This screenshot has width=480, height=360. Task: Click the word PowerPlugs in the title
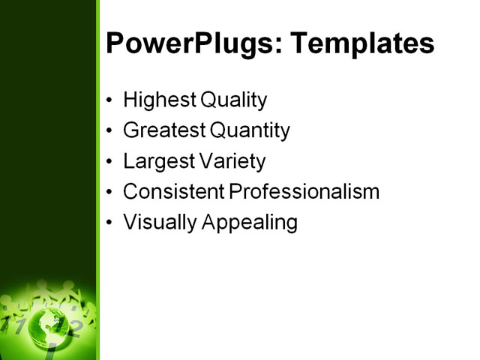(192, 43)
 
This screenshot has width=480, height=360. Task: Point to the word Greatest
(163, 130)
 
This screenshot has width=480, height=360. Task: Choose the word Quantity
(250, 130)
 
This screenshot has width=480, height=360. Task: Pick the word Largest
(154, 161)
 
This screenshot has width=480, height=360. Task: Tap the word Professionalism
(304, 191)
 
